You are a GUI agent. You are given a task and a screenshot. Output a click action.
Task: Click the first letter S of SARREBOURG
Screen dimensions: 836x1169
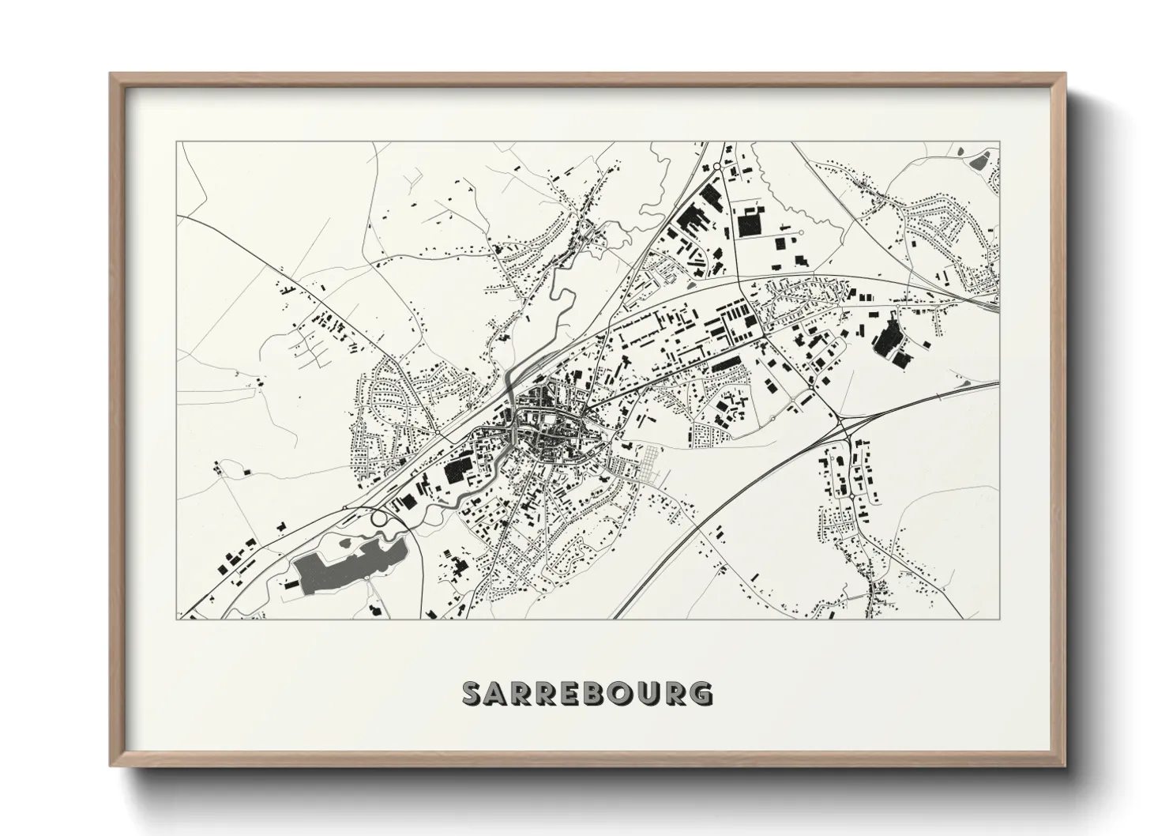click(473, 693)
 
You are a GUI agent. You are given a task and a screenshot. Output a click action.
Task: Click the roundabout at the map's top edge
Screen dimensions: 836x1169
click(717, 166)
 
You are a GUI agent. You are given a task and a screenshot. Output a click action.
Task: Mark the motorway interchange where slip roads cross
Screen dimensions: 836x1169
click(847, 434)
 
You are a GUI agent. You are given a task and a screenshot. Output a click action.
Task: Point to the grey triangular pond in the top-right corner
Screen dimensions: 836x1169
click(981, 161)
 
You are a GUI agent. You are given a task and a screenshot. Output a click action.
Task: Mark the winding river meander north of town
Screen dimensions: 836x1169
click(562, 300)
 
